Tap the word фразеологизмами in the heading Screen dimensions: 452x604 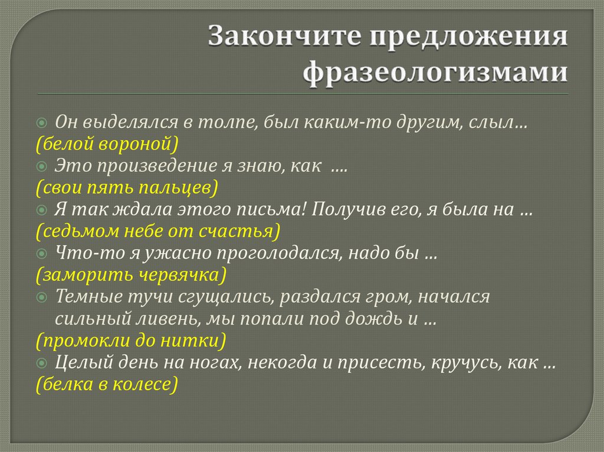(436, 74)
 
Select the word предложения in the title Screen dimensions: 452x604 (469, 37)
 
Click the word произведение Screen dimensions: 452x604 (158, 167)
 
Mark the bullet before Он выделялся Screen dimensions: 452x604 (41, 123)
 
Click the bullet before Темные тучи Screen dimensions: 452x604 (41, 298)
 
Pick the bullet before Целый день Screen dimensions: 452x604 (41, 363)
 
